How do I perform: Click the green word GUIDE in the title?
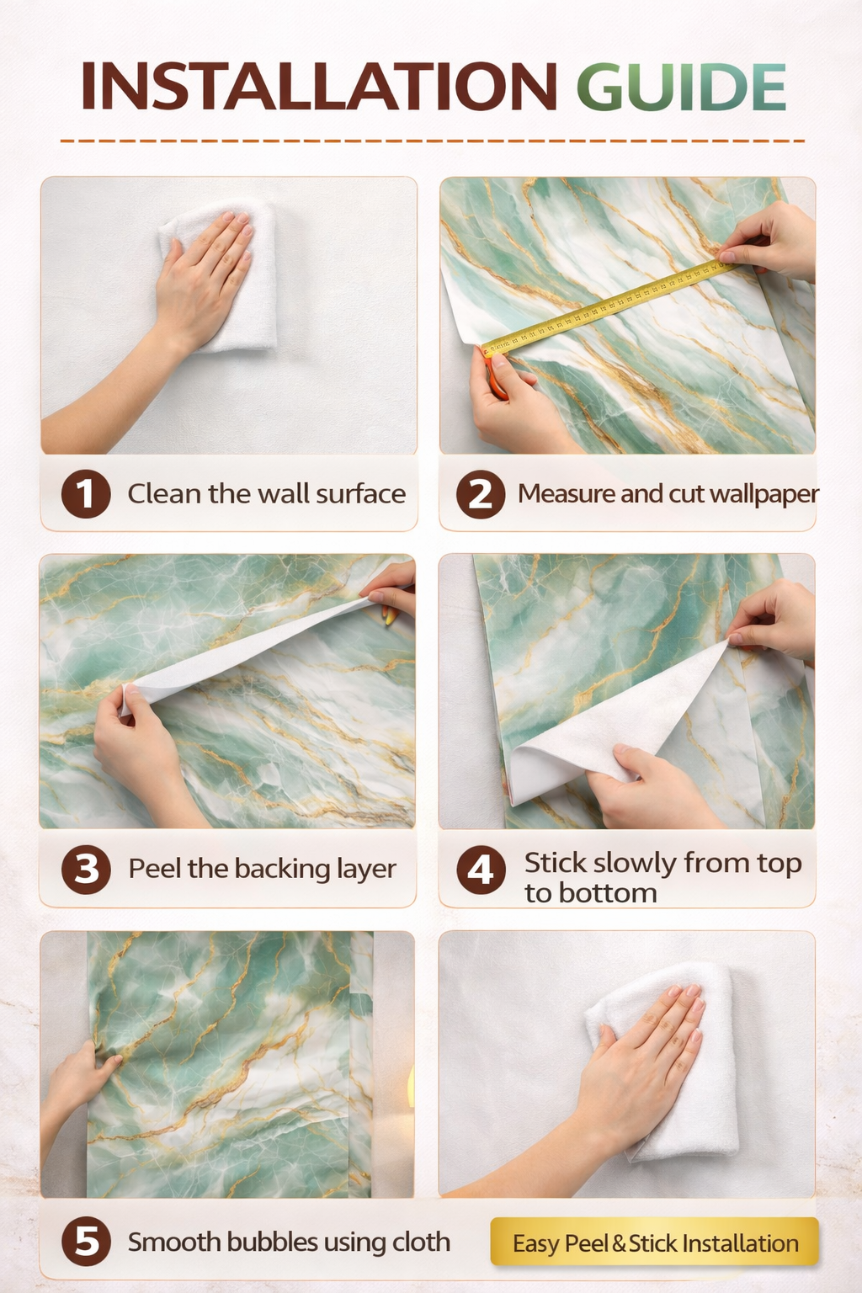pos(681,87)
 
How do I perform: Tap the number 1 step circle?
pos(86,493)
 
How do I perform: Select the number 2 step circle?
pos(481,494)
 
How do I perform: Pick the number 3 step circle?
pos(86,870)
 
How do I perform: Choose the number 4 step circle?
pos(481,870)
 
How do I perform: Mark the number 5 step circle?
pos(86,1242)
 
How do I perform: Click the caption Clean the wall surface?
pos(266,493)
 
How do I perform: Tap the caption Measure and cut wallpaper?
pos(668,493)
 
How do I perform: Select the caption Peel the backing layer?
pos(262,869)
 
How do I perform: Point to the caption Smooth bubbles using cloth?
pos(289,1242)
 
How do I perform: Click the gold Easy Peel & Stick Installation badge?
pos(654,1242)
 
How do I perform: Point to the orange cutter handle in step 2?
pos(497,384)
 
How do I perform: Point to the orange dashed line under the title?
pos(431,141)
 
